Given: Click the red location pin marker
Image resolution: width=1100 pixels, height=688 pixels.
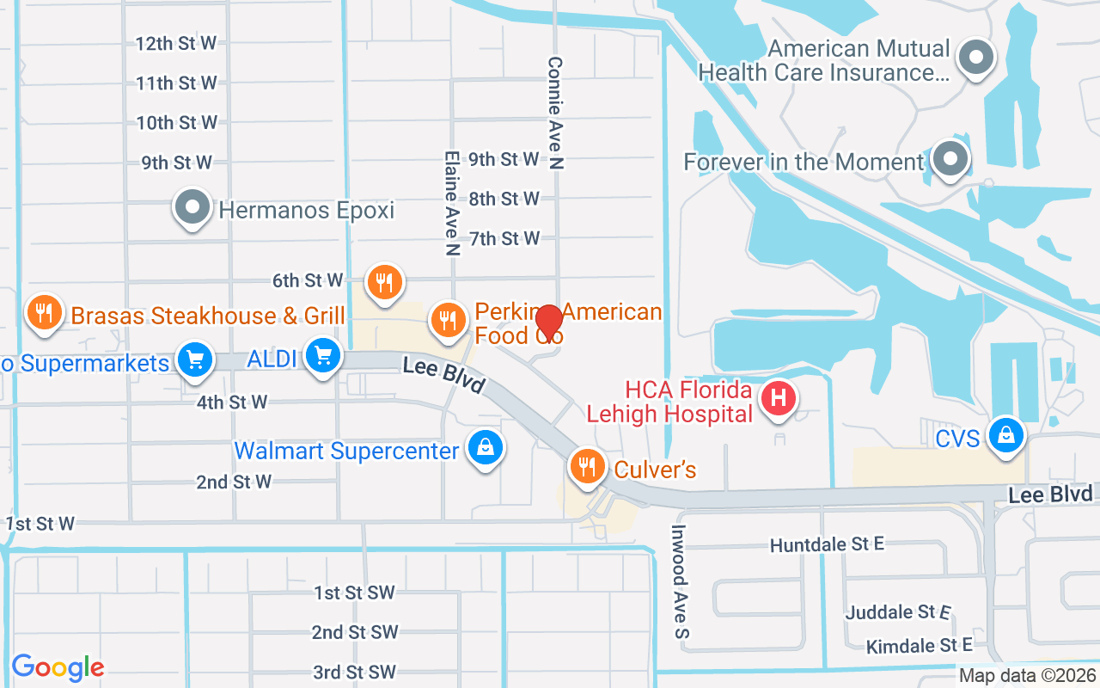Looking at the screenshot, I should (x=549, y=323).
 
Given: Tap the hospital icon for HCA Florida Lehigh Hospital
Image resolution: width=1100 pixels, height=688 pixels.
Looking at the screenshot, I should (x=779, y=399).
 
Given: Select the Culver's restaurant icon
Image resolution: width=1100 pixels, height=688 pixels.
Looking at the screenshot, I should (x=587, y=466).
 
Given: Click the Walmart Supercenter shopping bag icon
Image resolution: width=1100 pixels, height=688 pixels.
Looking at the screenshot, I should (x=486, y=447).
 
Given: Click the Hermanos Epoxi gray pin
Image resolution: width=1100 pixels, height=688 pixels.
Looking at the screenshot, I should (x=192, y=207).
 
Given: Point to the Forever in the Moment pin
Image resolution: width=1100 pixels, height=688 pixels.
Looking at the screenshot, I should (x=950, y=159).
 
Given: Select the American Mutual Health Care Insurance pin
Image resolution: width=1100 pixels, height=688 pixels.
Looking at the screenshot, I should (x=975, y=58).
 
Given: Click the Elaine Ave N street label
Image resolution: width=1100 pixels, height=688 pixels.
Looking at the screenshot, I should (x=451, y=204).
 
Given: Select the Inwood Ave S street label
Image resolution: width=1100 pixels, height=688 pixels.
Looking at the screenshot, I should (x=681, y=581).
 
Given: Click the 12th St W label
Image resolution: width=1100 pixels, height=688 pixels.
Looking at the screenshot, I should (x=176, y=43).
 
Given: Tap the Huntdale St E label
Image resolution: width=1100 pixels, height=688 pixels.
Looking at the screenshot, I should (x=827, y=545).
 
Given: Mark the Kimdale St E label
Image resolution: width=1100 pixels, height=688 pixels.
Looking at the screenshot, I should (x=919, y=645).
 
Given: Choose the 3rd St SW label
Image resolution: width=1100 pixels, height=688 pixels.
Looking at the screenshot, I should (x=354, y=672).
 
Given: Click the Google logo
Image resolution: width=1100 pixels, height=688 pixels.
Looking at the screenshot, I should (x=58, y=666).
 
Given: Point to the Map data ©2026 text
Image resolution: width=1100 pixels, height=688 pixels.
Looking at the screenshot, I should (x=1026, y=676).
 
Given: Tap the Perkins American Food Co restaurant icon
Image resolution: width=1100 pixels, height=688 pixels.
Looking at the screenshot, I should (x=447, y=319).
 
